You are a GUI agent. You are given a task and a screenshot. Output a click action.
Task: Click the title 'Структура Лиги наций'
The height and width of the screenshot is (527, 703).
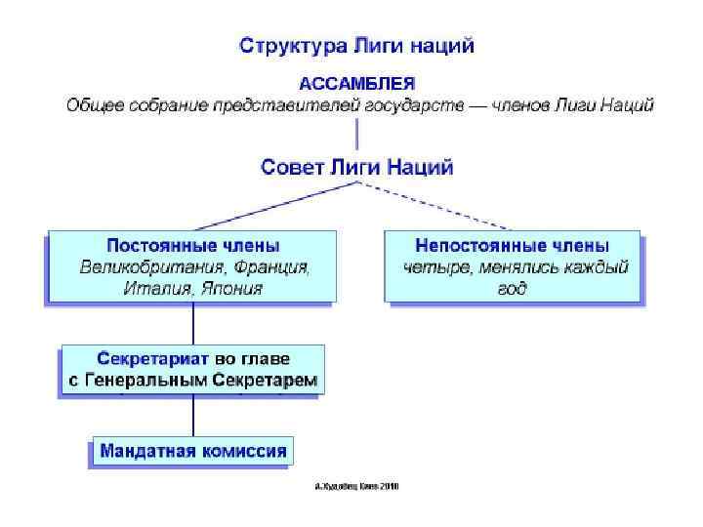click(x=357, y=45)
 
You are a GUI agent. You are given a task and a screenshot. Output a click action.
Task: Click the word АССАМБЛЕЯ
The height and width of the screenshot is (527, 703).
click(x=356, y=83)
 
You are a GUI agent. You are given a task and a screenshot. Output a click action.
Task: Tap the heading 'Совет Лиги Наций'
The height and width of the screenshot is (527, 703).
click(x=356, y=167)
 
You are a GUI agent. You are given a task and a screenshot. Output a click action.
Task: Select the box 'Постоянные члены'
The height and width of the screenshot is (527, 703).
click(x=192, y=266)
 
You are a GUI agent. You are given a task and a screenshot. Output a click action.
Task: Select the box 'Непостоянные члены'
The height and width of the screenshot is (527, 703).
click(x=514, y=266)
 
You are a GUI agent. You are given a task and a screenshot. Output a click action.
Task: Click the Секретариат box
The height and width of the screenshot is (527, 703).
click(x=193, y=370)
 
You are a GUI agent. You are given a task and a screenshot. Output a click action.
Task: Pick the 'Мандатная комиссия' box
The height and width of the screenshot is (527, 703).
click(x=193, y=451)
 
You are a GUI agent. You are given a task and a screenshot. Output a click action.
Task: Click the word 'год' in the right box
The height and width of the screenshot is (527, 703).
click(x=512, y=288)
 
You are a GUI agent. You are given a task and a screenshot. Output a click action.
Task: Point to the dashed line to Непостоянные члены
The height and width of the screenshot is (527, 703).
click(x=439, y=204)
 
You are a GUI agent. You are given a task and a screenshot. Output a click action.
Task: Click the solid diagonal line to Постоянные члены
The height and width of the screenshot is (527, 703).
click(x=273, y=205)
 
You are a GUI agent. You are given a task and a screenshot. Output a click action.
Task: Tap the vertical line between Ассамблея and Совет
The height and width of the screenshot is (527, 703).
click(x=356, y=132)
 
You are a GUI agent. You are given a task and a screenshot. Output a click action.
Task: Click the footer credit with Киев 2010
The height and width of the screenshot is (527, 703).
click(x=357, y=485)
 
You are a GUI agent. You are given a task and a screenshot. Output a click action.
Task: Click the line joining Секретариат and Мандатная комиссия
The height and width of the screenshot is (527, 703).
click(x=193, y=416)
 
